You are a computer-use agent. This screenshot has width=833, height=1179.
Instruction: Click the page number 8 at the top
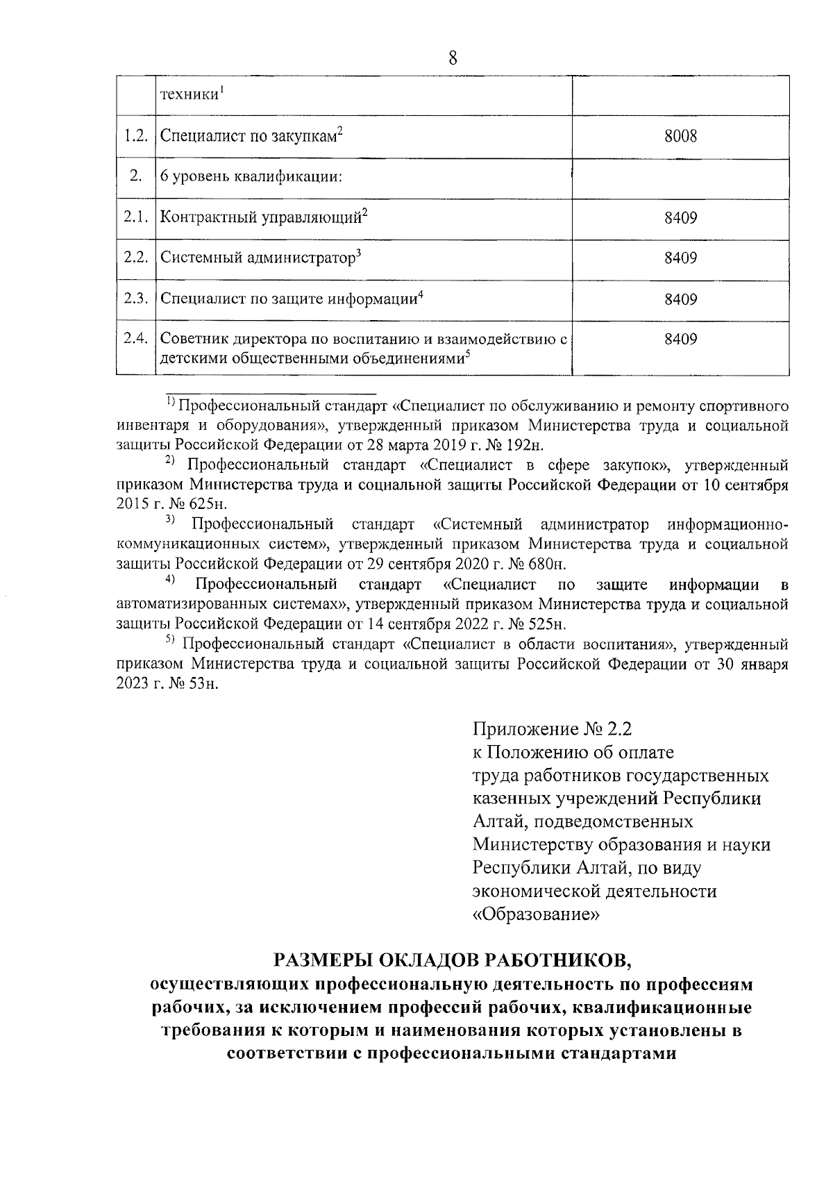coord(453,58)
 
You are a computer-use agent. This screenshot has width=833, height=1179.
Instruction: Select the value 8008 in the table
coord(680,136)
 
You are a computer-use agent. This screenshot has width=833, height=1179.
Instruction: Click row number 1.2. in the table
coord(135,136)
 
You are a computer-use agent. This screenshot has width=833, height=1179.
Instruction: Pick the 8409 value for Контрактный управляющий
coord(680,218)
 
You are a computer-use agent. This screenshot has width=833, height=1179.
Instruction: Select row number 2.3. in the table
coord(135,299)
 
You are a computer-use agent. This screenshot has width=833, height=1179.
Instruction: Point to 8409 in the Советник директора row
coord(680,340)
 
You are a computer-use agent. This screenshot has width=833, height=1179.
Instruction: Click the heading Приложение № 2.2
coord(553,729)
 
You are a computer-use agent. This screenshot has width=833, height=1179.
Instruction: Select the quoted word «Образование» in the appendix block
coord(535,914)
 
